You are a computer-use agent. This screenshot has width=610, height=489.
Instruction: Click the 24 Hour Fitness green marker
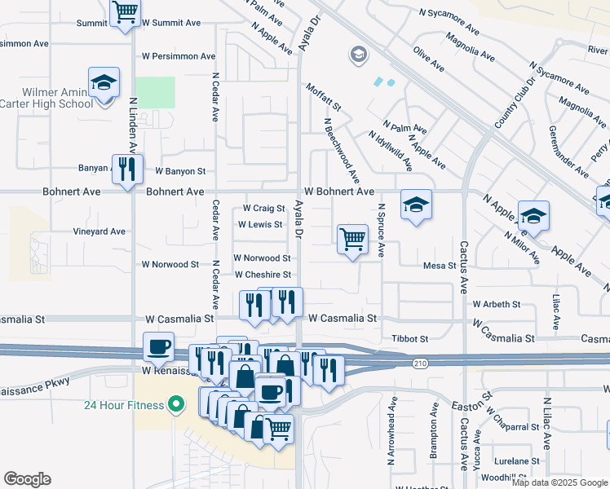click(x=174, y=404)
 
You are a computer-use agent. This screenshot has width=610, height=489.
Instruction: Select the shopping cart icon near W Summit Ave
click(x=125, y=12)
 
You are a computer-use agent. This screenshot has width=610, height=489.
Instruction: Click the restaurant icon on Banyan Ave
click(x=127, y=169)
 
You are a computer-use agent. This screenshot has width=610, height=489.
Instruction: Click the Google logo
click(x=27, y=479)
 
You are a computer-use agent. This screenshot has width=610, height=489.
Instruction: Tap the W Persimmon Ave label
click(x=179, y=56)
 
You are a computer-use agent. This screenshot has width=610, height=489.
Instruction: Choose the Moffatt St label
click(x=323, y=97)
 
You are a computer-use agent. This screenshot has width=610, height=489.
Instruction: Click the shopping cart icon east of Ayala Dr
click(x=352, y=240)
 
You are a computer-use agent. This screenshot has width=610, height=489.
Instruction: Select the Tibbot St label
click(x=409, y=338)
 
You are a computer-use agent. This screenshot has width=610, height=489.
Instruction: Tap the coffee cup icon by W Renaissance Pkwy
click(x=159, y=346)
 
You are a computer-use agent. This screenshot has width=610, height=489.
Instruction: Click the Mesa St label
click(x=439, y=265)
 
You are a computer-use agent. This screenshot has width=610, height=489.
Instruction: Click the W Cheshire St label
click(x=263, y=275)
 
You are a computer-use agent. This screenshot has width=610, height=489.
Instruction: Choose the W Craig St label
click(x=263, y=209)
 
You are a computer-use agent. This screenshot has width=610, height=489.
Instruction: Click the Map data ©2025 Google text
click(x=559, y=482)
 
